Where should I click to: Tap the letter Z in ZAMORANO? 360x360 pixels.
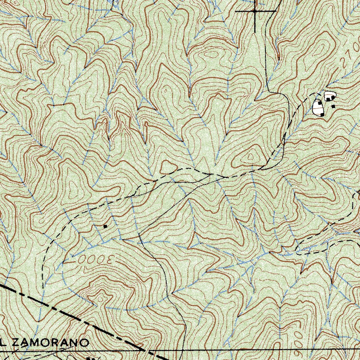17,343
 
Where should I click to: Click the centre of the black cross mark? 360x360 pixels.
255,11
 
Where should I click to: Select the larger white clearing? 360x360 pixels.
318,108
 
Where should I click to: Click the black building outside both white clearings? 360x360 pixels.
333,107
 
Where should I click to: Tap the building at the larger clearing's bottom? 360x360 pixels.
322,115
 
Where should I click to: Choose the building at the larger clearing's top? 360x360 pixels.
320,103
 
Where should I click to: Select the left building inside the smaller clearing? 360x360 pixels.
328,99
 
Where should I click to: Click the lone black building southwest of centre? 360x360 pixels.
105,226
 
